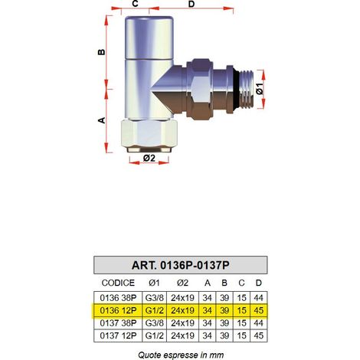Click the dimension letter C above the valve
tap(135, 4)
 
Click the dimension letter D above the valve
tap(191, 4)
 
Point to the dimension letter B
tap(102, 52)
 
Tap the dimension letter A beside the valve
tap(102, 120)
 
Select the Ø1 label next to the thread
tap(260, 89)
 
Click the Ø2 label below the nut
tap(149, 158)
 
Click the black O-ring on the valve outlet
tap(237, 88)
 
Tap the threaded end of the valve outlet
tap(247, 88)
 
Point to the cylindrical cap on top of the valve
tap(149, 38)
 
